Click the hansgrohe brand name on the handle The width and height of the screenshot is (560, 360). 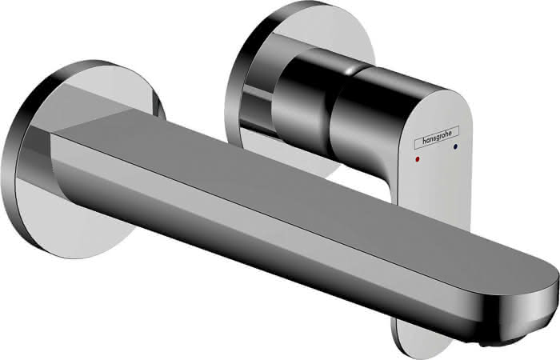click(437, 138)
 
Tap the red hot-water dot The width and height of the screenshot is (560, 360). click(418, 158)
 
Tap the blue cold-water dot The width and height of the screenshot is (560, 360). click(455, 146)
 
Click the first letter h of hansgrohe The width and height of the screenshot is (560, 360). click(424, 142)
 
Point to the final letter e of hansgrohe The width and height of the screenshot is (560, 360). click(450, 134)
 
